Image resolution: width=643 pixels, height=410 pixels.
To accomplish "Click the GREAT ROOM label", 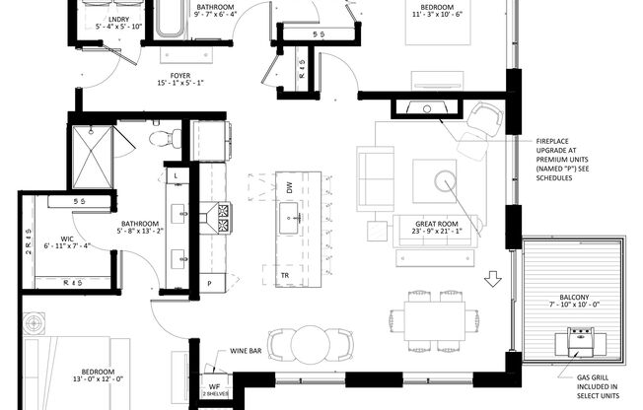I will click(438, 231).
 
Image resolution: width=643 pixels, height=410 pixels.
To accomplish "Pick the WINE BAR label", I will click(244, 350).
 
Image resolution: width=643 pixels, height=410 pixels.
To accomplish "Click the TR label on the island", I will click(284, 275).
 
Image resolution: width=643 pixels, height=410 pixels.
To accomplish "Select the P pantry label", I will click(209, 284).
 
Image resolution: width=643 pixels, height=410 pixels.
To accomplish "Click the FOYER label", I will click(179, 78).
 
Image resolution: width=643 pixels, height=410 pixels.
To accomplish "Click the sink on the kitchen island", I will click(290, 216).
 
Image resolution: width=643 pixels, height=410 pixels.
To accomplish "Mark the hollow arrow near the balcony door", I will click(493, 282).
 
